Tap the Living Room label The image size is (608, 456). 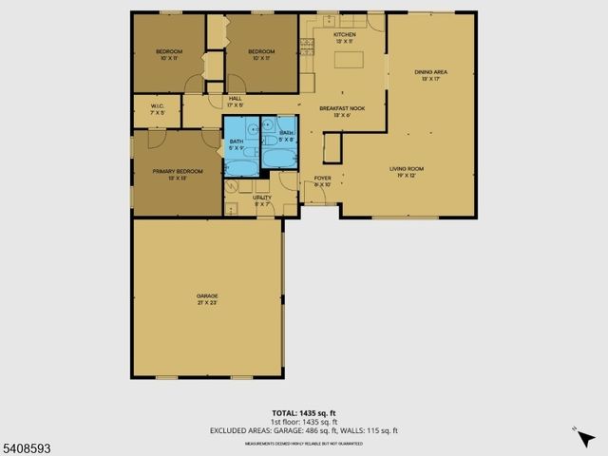[x=406, y=172]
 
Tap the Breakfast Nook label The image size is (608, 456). [x=342, y=111]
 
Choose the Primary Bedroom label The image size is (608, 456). [x=177, y=175]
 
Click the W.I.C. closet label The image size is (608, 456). [x=158, y=109]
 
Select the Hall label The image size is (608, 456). [x=236, y=102]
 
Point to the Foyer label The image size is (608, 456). [x=322, y=181]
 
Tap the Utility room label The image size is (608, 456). [x=262, y=200]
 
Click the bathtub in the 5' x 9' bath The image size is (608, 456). [x=242, y=167]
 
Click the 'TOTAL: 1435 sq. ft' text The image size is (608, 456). [x=304, y=413]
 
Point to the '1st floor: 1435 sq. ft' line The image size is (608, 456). [x=304, y=422]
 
